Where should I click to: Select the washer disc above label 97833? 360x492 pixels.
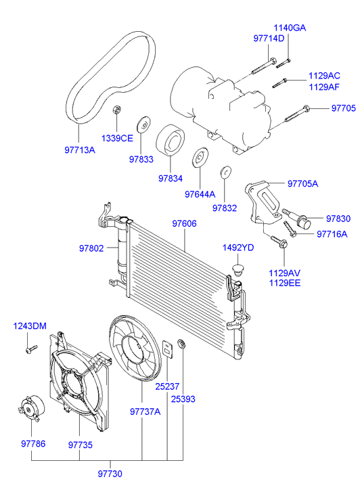coord(143,125)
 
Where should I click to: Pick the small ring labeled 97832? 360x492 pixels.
coord(225,172)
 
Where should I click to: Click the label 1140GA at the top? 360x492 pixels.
coord(290,28)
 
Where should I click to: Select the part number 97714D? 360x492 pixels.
coord(269,39)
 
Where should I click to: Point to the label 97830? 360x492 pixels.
coord(338,219)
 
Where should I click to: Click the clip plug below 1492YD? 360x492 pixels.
coord(237,269)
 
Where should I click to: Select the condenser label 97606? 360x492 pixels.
coord(185,223)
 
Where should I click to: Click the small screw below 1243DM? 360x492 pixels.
coord(29,350)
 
